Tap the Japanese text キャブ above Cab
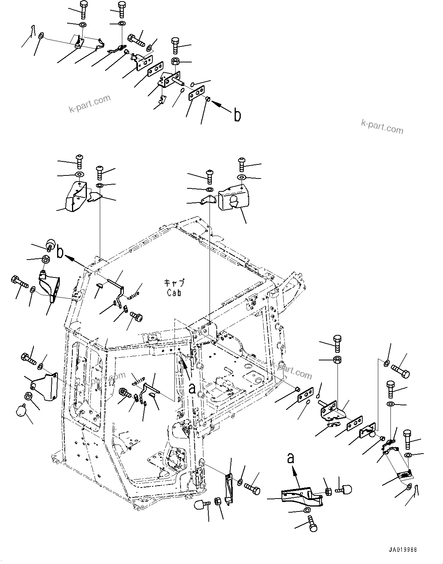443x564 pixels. pos(174,283)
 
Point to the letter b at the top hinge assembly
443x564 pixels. pos(237,115)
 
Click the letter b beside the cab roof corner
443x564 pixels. pos(60,253)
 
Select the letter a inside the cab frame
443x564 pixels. pos(192,388)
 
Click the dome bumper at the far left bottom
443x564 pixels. pos(21,410)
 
